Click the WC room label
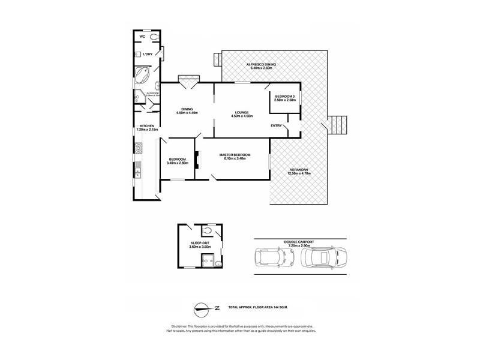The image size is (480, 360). point(142,37)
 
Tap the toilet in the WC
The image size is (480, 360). point(155,37)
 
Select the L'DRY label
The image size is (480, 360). point(147,54)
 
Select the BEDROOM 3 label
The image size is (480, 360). point(284,96)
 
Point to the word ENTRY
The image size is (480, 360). point(276,125)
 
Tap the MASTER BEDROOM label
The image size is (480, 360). point(235,155)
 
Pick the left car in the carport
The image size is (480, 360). point(265,257)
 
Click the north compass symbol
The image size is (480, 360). point(205,309)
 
